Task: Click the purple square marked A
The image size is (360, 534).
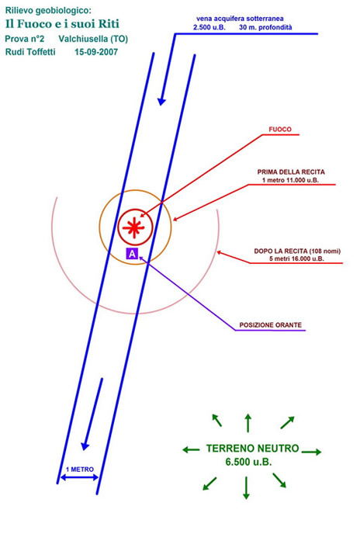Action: click(x=132, y=253)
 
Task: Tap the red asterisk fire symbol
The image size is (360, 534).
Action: click(x=133, y=227)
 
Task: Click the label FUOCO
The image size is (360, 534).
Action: click(x=280, y=129)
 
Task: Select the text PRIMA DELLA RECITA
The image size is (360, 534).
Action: click(x=291, y=172)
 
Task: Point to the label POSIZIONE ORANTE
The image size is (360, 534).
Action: click(x=271, y=325)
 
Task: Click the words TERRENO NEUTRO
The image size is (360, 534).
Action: click(x=252, y=448)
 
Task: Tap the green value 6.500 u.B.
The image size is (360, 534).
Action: click(x=248, y=462)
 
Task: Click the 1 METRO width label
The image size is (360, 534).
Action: click(x=80, y=470)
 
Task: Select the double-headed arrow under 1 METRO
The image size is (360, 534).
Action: click(x=79, y=478)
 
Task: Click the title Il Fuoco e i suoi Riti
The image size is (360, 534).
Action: click(x=62, y=23)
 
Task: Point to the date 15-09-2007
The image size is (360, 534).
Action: click(x=96, y=52)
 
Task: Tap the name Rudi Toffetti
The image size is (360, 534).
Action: click(x=30, y=52)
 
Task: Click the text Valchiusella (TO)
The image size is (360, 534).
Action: click(x=93, y=39)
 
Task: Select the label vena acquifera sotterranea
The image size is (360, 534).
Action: click(x=240, y=19)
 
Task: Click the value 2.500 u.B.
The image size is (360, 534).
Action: click(x=209, y=27)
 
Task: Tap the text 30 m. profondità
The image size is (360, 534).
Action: click(x=265, y=27)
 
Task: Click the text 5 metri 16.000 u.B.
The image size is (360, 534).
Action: click(x=296, y=258)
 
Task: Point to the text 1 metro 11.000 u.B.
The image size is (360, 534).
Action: click(x=290, y=180)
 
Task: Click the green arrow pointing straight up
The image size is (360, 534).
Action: click(x=248, y=423)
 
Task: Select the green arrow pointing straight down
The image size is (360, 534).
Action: click(x=246, y=488)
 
